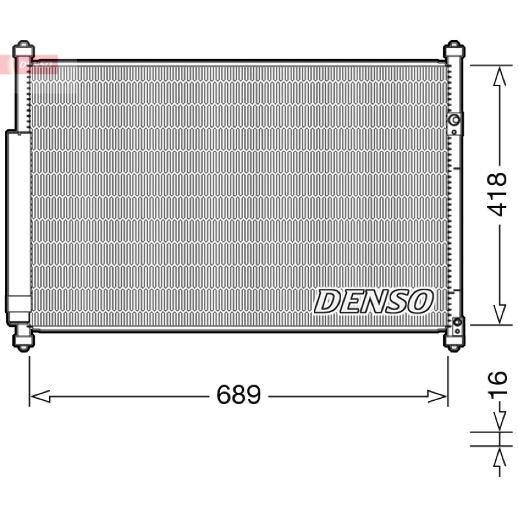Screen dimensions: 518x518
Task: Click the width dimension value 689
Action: pos(238,394)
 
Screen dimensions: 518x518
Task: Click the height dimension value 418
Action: pos(496,194)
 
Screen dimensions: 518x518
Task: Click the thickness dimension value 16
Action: pos(497,383)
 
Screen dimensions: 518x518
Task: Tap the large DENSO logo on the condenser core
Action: pos(374,301)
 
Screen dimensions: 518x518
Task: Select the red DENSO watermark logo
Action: pos(29,64)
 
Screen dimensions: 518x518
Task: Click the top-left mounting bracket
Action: pos(23,51)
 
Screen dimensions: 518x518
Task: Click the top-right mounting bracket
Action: pos(454,51)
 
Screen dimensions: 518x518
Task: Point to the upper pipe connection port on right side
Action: pos(455,123)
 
